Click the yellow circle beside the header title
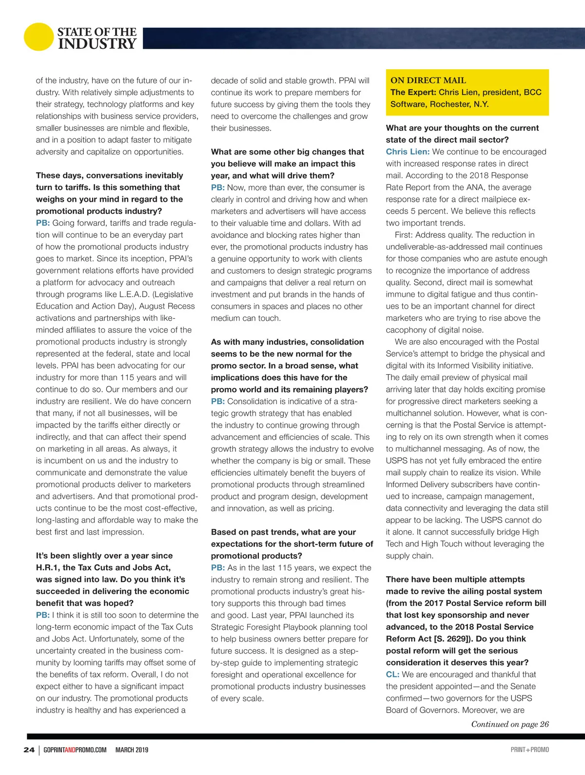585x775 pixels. [38, 37]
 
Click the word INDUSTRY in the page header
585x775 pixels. [97, 44]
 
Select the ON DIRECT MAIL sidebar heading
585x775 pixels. [428, 80]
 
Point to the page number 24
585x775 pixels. [29, 750]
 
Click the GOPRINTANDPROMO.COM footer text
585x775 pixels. [75, 750]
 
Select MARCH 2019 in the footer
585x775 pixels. [132, 750]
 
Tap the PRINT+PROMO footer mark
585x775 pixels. [529, 750]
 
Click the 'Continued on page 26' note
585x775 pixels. [509, 724]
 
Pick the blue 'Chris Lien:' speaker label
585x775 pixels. [408, 152]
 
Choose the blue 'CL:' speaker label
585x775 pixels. [392, 674]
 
